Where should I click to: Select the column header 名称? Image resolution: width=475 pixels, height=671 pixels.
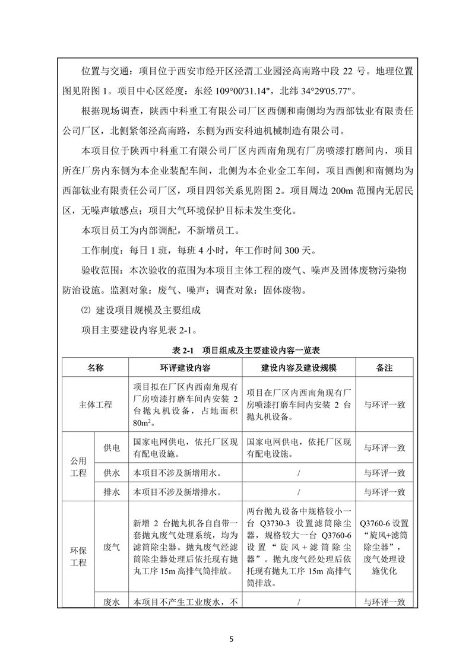(96, 368)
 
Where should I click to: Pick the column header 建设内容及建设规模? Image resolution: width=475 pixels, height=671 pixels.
(299, 368)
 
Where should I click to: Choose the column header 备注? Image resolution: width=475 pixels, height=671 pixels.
(384, 368)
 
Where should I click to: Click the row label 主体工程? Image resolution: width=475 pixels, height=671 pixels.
(96, 405)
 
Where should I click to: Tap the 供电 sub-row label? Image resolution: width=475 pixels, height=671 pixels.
(112, 449)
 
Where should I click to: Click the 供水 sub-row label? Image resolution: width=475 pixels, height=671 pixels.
(112, 473)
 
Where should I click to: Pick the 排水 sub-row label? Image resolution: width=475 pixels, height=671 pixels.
(112, 492)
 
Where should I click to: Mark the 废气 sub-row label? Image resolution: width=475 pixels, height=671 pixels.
(112, 548)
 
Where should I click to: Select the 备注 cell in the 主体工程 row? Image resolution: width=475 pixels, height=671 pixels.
(384, 405)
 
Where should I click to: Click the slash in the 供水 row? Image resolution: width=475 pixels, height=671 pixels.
(299, 473)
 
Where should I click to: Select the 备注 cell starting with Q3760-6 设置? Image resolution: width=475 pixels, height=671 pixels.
(384, 548)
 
